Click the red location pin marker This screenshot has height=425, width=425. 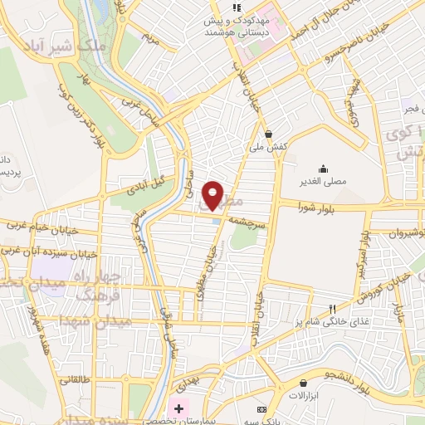click(213, 195)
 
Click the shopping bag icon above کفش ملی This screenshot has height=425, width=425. click(268, 133)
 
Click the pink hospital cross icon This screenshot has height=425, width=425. click(178, 408)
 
